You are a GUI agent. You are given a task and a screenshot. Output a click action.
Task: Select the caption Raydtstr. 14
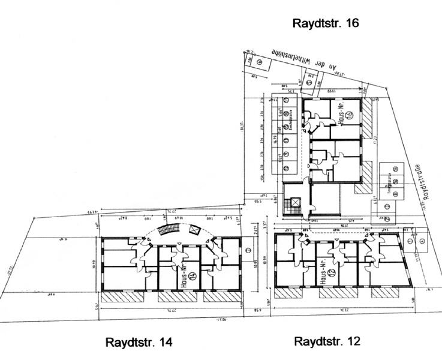[x=139, y=343]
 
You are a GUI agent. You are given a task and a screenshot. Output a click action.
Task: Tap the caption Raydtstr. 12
[x=327, y=341]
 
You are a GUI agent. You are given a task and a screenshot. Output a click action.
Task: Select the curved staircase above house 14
[x=168, y=230]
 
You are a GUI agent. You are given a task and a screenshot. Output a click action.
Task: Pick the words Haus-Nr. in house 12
[x=324, y=272]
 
